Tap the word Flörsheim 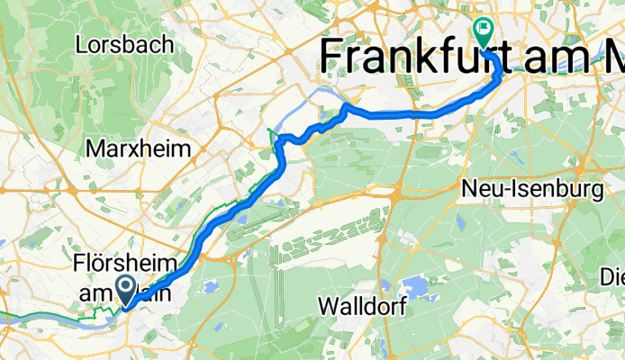pyautogui.click(x=123, y=265)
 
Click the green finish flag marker pyautogui.click(x=484, y=33)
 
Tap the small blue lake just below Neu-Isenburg pyautogui.click(x=460, y=219)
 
